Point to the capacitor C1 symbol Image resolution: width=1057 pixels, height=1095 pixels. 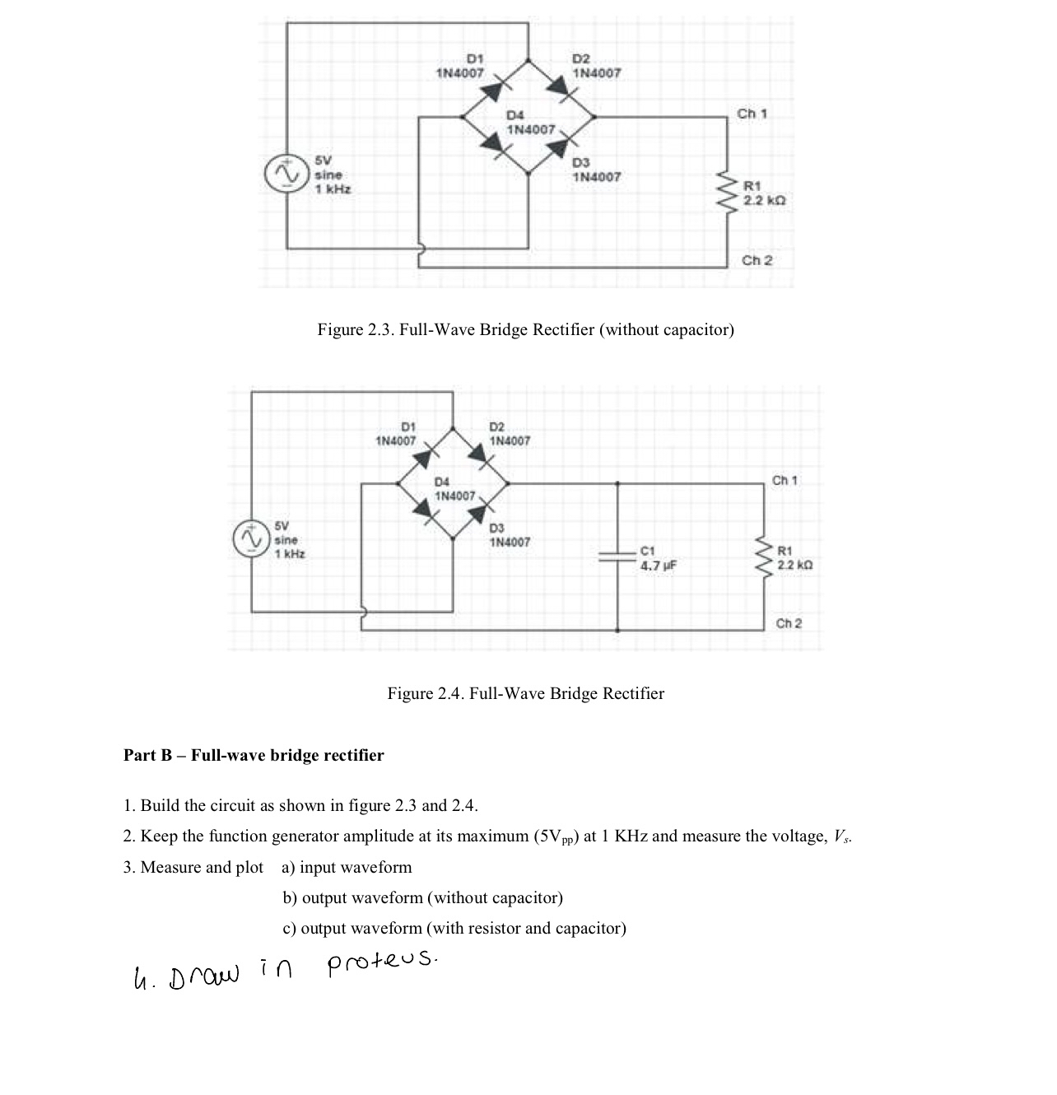[618, 557]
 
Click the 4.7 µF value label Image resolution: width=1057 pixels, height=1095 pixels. [659, 566]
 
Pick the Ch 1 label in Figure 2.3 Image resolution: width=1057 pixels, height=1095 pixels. [752, 114]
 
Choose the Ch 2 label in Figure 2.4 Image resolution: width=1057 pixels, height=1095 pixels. [789, 623]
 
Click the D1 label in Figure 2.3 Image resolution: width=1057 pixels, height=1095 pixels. [475, 59]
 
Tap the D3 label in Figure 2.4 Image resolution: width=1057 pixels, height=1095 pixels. [497, 529]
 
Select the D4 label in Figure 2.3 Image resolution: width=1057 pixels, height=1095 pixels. [515, 115]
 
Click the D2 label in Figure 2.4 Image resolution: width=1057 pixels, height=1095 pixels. [497, 427]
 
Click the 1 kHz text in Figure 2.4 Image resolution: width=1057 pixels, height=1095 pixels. [290, 554]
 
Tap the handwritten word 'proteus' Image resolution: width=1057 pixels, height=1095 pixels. [383, 961]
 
